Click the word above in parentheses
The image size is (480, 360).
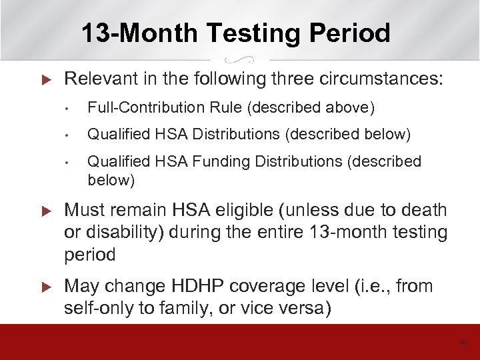(x=353, y=108)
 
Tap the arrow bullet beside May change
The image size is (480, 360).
(x=46, y=287)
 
